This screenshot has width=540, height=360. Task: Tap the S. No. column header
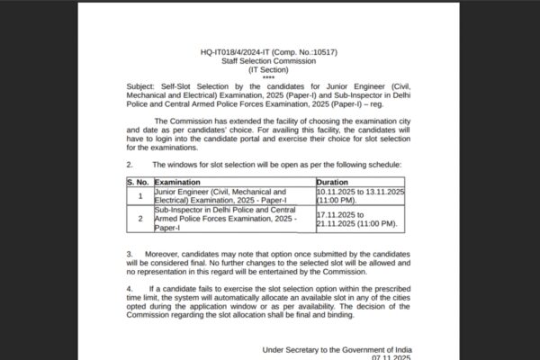pyautogui.click(x=139, y=181)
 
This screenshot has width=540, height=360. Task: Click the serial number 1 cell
pyautogui.click(x=139, y=195)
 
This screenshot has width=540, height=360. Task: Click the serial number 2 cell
pyautogui.click(x=139, y=218)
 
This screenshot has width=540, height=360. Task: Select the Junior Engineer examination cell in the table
pyautogui.click(x=220, y=195)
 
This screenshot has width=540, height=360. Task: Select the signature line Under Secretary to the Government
pyautogui.click(x=337, y=348)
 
